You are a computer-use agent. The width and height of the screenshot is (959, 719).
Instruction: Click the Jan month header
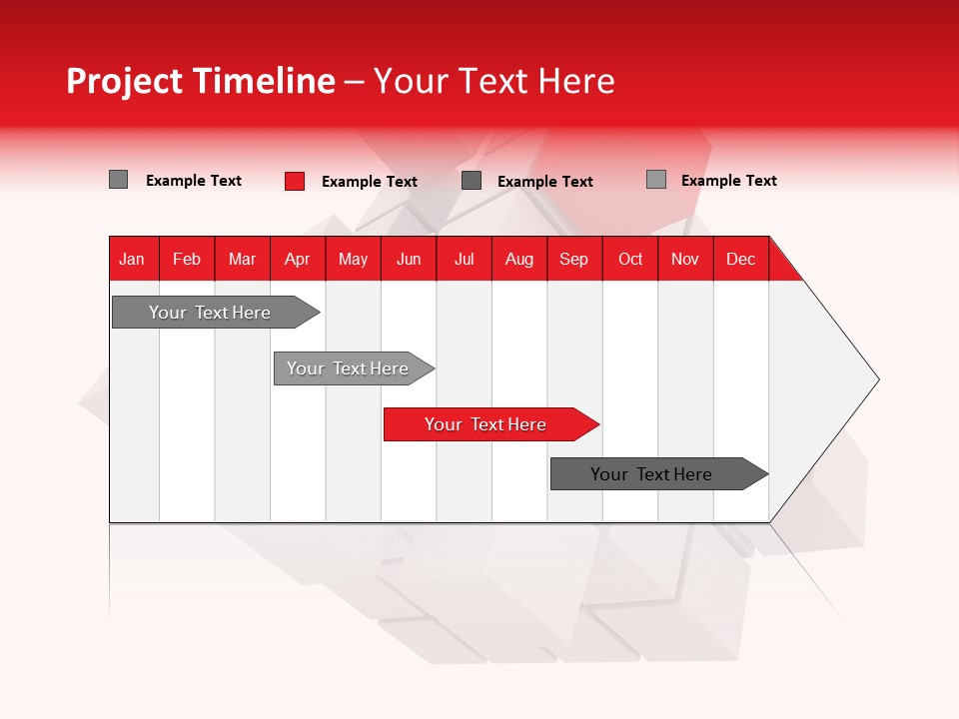[132, 259]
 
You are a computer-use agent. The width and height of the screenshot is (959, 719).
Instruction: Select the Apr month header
[298, 259]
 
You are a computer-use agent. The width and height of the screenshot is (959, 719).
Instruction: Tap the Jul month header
[464, 259]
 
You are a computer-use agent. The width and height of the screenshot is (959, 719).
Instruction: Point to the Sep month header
[573, 259]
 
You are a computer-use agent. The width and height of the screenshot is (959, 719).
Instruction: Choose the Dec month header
[740, 259]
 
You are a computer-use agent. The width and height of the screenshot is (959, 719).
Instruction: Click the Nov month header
[685, 259]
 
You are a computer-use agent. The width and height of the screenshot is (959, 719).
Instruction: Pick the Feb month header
[187, 259]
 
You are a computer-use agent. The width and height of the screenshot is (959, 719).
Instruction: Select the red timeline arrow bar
[489, 424]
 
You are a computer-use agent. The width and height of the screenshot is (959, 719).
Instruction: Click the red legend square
[295, 181]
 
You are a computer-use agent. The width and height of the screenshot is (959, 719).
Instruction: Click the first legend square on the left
[118, 180]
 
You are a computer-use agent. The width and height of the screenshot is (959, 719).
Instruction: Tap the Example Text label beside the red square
[370, 181]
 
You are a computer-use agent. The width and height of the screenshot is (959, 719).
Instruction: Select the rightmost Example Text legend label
[728, 180]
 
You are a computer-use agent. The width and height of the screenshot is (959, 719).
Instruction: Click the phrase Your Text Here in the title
[493, 81]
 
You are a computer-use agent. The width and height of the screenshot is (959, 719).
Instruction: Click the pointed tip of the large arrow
[876, 379]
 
